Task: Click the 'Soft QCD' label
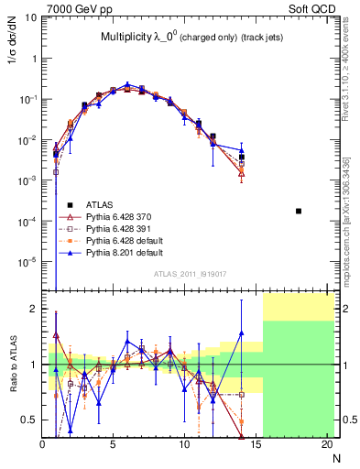tap(313, 7)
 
